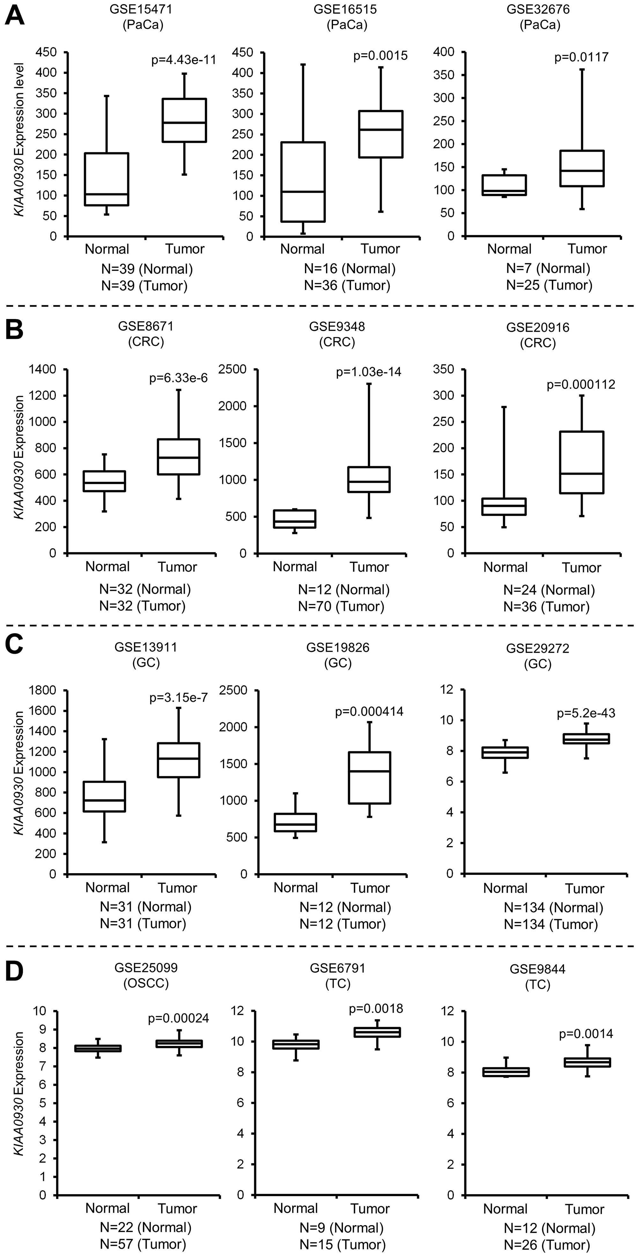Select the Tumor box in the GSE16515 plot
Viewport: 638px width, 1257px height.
tap(381, 134)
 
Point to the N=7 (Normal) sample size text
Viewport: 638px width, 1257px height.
tap(548, 268)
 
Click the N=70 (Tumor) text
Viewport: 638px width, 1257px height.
tap(341, 606)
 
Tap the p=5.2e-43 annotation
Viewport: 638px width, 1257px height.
tap(586, 713)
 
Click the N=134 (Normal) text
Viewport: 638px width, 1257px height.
tap(553, 908)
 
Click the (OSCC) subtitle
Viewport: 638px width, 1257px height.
tap(146, 983)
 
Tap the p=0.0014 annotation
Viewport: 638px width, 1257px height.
tap(586, 1033)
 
